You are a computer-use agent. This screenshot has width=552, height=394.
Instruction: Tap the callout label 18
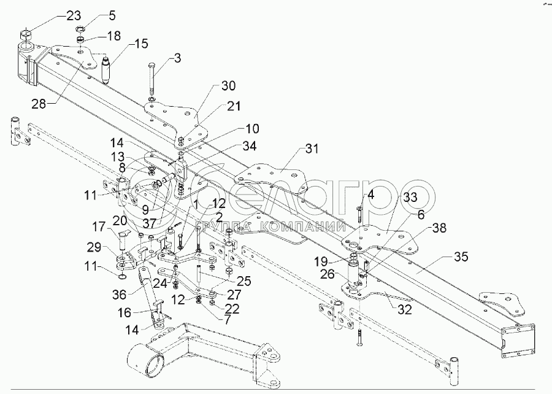tap(114, 36)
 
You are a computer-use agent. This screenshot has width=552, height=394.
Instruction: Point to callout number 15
tap(141, 45)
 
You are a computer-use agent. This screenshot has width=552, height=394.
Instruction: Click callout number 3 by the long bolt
tap(177, 59)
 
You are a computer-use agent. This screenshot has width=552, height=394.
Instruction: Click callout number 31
tap(313, 149)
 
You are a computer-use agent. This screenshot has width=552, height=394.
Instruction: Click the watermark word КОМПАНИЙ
tap(300, 229)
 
